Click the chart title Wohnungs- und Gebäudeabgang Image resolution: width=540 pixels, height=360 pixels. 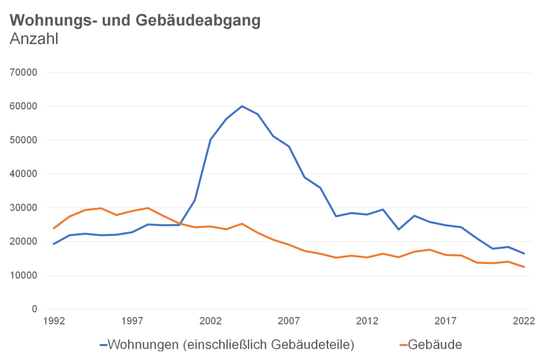click(x=135, y=20)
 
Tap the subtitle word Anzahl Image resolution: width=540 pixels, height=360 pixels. click(x=35, y=39)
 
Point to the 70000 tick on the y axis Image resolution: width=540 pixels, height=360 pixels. click(x=24, y=72)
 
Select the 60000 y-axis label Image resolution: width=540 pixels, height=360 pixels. click(x=24, y=106)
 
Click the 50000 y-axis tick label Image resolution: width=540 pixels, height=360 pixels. click(x=24, y=140)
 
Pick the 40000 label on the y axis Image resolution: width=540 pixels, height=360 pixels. click(x=24, y=173)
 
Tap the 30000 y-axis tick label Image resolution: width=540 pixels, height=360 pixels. click(x=24, y=207)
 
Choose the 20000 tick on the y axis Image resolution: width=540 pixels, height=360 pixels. click(x=24, y=241)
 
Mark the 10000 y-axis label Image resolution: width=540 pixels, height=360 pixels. click(x=24, y=275)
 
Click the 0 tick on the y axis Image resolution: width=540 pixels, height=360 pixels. click(x=35, y=309)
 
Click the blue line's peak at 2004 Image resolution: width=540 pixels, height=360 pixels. click(x=242, y=106)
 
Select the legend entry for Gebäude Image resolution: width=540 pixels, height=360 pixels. click(x=431, y=345)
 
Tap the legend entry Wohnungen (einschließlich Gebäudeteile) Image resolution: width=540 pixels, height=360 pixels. click(x=227, y=345)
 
